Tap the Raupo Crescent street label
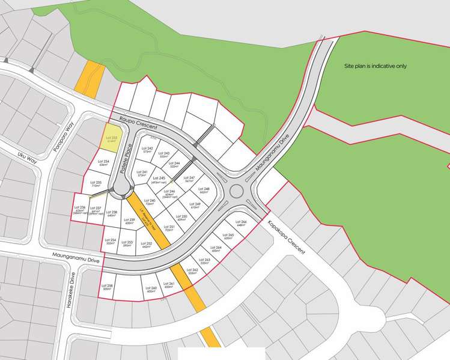(x=138, y=123)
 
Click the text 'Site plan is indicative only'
(x=375, y=66)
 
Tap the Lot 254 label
(x=110, y=241)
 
